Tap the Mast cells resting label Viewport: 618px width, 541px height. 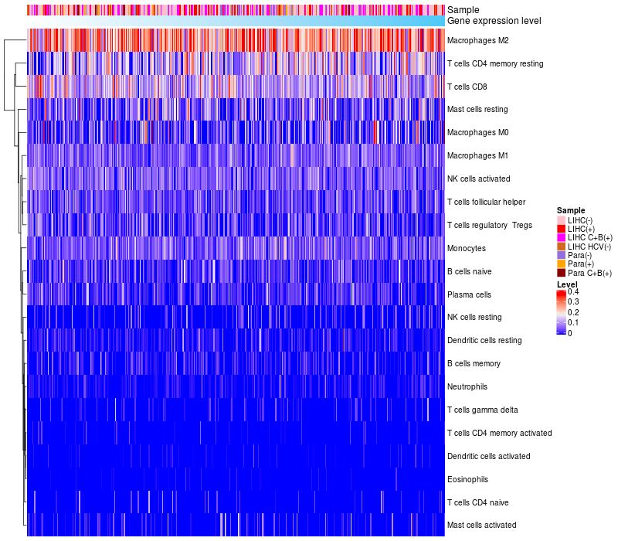coord(477,110)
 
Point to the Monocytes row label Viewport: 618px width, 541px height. coord(467,248)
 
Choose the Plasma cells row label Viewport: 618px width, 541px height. coord(469,294)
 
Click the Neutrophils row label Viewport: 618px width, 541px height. coord(467,386)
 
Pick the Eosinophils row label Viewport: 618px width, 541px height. coord(467,479)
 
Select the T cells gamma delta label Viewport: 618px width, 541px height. coord(482,410)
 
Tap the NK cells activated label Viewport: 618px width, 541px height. coord(478,179)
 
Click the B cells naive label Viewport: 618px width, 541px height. coord(469,271)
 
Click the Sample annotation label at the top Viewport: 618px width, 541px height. coord(463,10)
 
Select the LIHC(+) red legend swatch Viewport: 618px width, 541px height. coord(561,230)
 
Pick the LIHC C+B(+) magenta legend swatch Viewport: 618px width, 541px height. coord(561,238)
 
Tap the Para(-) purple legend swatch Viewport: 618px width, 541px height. coord(561,255)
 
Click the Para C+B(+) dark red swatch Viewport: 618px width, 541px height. coord(561,273)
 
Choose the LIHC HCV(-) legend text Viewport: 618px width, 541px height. coord(589,247)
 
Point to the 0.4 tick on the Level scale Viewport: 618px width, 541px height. coord(572,292)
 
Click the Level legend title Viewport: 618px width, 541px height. coord(567,284)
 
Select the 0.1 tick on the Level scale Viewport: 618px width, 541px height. coord(572,322)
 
